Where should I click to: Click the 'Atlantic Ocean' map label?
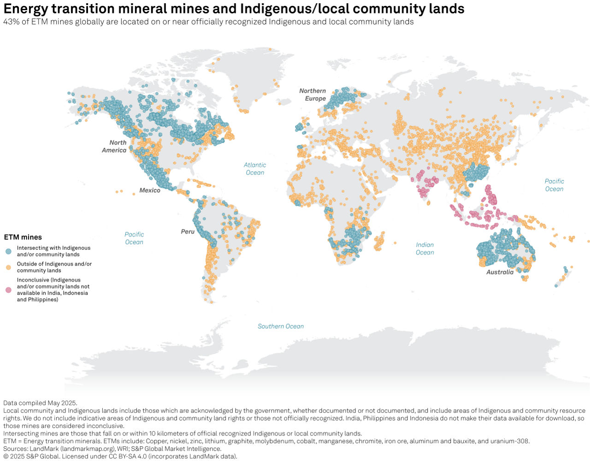pyautogui.click(x=255, y=169)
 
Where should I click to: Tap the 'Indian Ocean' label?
pyautogui.click(x=425, y=248)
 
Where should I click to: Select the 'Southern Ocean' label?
pyautogui.click(x=280, y=326)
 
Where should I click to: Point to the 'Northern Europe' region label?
pyautogui.click(x=313, y=95)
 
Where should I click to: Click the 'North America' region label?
pyautogui.click(x=114, y=147)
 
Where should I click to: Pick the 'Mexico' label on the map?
pyautogui.click(x=150, y=190)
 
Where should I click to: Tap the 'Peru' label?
pyautogui.click(x=188, y=231)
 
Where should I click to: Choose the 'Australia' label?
pyautogui.click(x=500, y=272)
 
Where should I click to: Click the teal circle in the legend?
pyautogui.click(x=8, y=251)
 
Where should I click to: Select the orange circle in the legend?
pyautogui.click(x=8, y=267)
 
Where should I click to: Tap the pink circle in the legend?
pyautogui.click(x=8, y=290)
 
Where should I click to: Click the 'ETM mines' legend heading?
pyautogui.click(x=23, y=237)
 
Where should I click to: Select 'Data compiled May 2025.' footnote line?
pyautogui.click(x=40, y=403)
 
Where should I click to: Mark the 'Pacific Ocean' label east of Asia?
pyautogui.click(x=554, y=185)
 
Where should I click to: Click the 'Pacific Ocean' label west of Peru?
pyautogui.click(x=134, y=238)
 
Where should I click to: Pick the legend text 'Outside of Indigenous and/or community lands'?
pyautogui.click(x=54, y=267)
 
